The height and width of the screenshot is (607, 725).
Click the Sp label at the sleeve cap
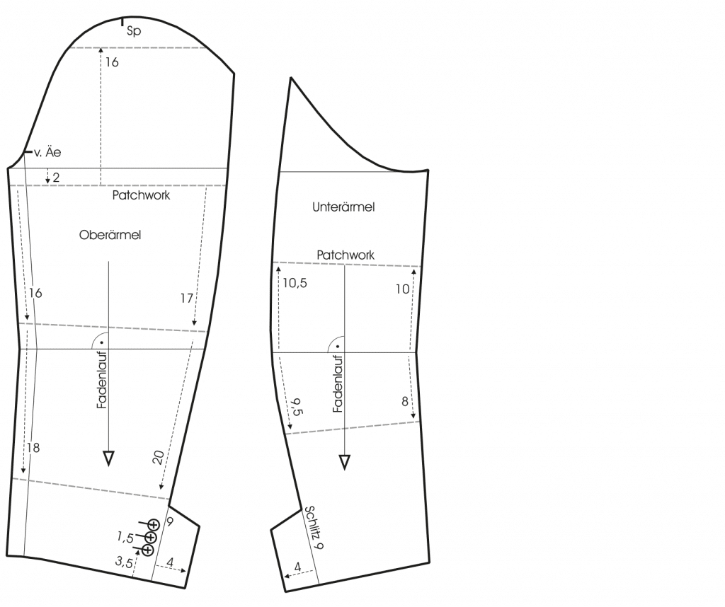tap(133, 31)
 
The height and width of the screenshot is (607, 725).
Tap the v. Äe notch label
tap(47, 152)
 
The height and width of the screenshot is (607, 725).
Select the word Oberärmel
tap(110, 235)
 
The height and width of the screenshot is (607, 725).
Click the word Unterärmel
tap(343, 207)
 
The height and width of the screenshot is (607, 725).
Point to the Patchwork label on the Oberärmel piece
tap(141, 195)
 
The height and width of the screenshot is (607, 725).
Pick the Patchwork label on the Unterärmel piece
tap(346, 255)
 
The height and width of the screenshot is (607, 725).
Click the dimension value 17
tap(186, 299)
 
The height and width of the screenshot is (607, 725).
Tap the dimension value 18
tap(33, 448)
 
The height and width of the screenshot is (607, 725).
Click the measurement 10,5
tap(295, 283)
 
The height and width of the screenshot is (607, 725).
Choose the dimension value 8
tap(404, 402)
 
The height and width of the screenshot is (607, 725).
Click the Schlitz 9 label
tap(314, 527)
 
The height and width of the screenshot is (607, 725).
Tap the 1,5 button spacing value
tap(125, 537)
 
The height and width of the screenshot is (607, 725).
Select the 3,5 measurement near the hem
tap(124, 562)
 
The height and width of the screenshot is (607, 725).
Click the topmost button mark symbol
tap(154, 525)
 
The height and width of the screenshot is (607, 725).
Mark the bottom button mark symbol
tap(147, 550)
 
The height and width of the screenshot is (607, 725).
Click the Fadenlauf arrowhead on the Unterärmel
tap(345, 462)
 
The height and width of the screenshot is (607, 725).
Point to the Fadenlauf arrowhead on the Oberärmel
tap(108, 458)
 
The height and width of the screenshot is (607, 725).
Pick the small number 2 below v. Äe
tap(56, 178)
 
